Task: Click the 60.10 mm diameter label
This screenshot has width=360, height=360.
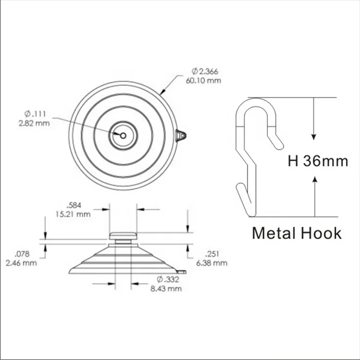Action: (x=204, y=80)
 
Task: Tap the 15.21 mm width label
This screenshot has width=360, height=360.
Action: (x=72, y=214)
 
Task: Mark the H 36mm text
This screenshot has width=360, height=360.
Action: (x=318, y=161)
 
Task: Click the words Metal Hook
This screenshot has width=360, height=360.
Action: (x=297, y=233)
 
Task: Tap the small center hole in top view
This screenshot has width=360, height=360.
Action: (x=123, y=135)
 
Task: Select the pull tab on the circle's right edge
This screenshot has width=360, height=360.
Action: (x=181, y=136)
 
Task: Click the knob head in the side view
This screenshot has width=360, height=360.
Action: (x=123, y=236)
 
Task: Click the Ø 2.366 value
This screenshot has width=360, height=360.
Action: (x=204, y=72)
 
